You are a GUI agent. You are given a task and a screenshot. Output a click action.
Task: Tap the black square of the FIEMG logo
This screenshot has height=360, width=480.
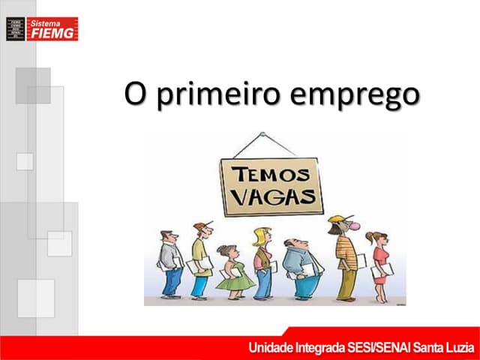click(15, 28)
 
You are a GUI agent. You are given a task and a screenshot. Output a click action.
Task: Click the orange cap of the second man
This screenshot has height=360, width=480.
click(199, 226)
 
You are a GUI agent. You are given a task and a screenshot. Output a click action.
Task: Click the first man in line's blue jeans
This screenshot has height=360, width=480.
click(172, 281)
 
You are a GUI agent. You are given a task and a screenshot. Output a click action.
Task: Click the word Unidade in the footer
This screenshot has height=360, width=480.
click(272, 348)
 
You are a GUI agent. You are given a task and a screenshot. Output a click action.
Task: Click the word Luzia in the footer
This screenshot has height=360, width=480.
click(457, 348)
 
